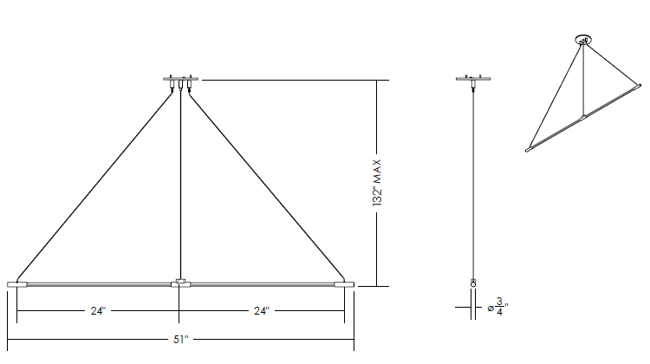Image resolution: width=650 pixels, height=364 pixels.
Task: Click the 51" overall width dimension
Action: coord(181,340)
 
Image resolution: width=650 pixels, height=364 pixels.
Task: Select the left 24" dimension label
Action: coord(98,311)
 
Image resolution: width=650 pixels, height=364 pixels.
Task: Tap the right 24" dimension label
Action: coord(262,311)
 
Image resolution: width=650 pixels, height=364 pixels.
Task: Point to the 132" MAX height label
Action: coord(376,182)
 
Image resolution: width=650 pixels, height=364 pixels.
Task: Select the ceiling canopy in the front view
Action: coord(181,78)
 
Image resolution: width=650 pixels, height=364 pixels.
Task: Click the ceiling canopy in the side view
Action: coord(473,78)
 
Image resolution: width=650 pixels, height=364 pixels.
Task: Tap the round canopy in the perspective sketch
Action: coord(583,40)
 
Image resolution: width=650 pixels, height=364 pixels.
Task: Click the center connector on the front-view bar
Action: coord(180,283)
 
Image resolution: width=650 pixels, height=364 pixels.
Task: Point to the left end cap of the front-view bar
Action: coord(17,284)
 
